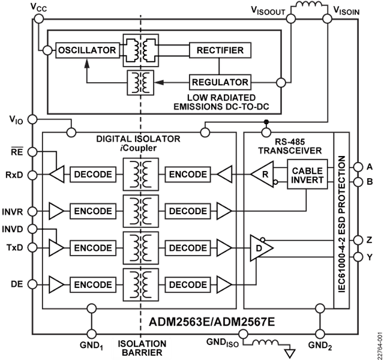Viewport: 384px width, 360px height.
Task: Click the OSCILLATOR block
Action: click(x=87, y=50)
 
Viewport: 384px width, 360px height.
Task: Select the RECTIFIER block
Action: click(x=220, y=50)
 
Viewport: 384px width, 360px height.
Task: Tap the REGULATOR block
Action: click(x=220, y=82)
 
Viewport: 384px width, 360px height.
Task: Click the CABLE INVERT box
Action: click(x=307, y=175)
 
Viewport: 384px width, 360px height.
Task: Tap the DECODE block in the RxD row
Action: click(x=92, y=175)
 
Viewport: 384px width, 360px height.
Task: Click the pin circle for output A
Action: click(x=358, y=166)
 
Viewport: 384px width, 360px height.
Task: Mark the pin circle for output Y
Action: click(x=358, y=257)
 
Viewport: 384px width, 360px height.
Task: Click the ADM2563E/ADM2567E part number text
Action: click(x=212, y=322)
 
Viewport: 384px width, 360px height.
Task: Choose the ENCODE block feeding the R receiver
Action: click(x=188, y=175)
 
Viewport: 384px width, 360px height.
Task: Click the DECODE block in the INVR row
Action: click(x=188, y=211)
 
